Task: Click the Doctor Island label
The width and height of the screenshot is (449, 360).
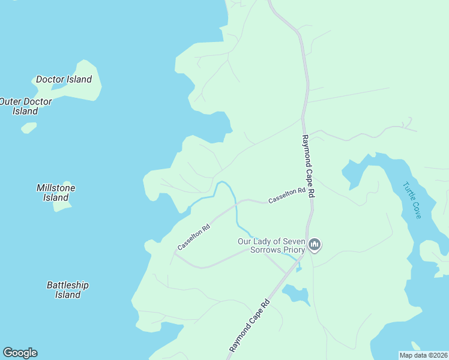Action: (x=64, y=79)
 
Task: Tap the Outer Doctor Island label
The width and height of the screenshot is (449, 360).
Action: (x=26, y=106)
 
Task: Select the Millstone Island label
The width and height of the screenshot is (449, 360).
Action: (x=56, y=193)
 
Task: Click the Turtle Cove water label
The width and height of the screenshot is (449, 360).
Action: (x=412, y=200)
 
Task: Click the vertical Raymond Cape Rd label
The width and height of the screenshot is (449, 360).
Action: (x=307, y=167)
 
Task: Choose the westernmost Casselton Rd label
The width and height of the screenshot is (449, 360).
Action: (x=193, y=237)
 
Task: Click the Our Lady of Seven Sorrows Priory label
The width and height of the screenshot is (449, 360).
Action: (x=271, y=245)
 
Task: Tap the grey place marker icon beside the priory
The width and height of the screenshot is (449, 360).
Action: (x=315, y=244)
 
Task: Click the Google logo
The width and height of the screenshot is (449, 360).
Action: (x=20, y=353)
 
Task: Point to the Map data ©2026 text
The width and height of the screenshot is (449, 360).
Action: (x=423, y=355)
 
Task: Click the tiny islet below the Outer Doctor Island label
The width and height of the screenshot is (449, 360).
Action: (x=29, y=128)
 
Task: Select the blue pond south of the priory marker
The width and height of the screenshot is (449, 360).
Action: (x=297, y=293)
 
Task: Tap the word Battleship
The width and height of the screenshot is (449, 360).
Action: (x=68, y=285)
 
